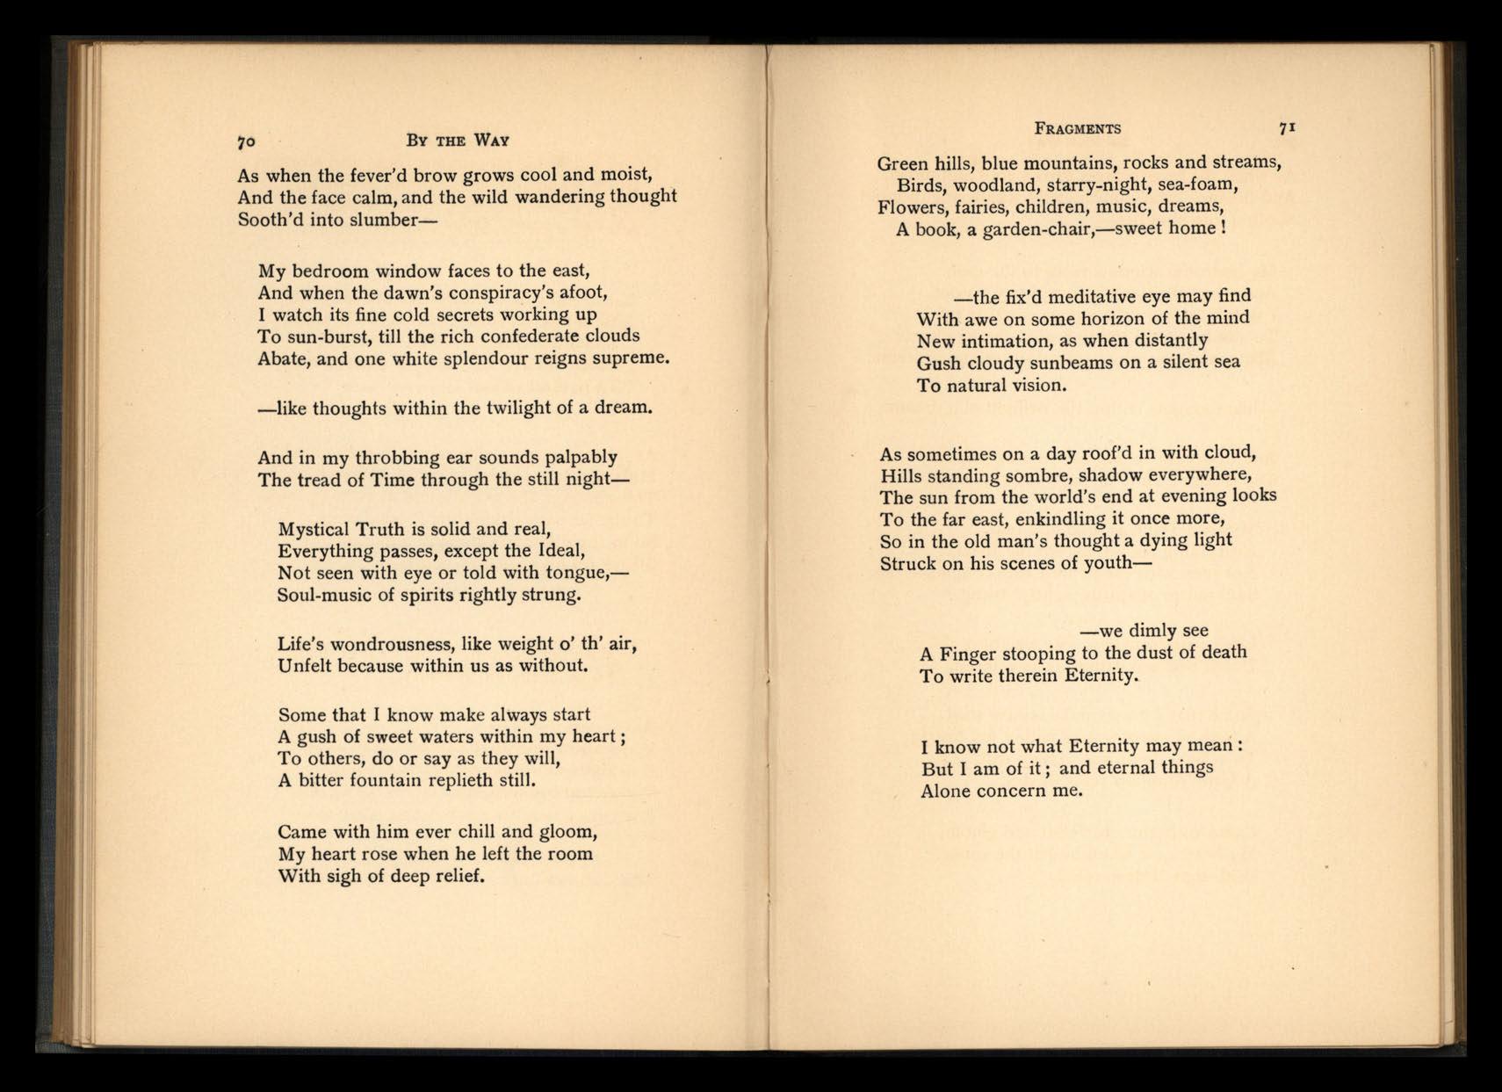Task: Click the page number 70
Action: point(246,141)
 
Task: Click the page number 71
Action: point(1288,127)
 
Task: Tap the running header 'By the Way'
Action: point(457,141)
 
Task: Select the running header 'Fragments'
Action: point(1078,128)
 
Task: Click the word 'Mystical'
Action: point(313,529)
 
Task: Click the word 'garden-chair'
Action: point(1027,229)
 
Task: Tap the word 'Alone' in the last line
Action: point(946,790)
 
